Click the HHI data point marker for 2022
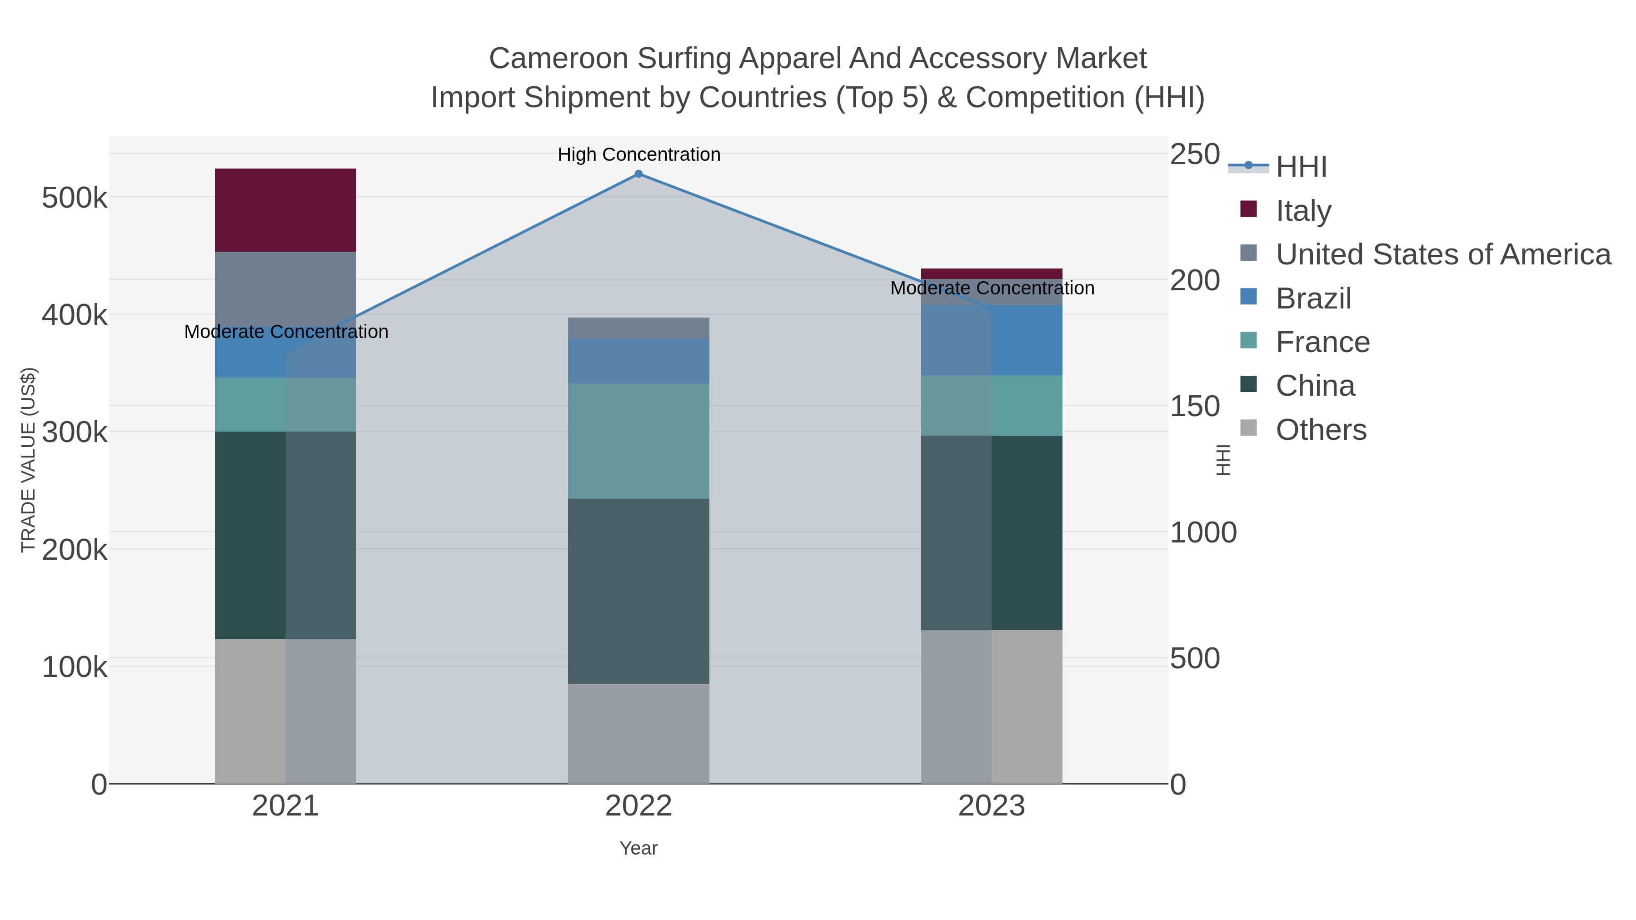tap(638, 174)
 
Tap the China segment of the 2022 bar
tap(638, 591)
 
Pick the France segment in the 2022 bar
tap(638, 441)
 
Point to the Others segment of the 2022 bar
tap(638, 733)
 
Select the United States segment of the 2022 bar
tap(638, 328)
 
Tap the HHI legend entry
tap(1301, 167)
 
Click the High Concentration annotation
tap(639, 154)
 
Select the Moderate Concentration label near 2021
tap(286, 332)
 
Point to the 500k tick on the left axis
tap(75, 198)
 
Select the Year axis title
tap(638, 848)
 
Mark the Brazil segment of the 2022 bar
tap(638, 361)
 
